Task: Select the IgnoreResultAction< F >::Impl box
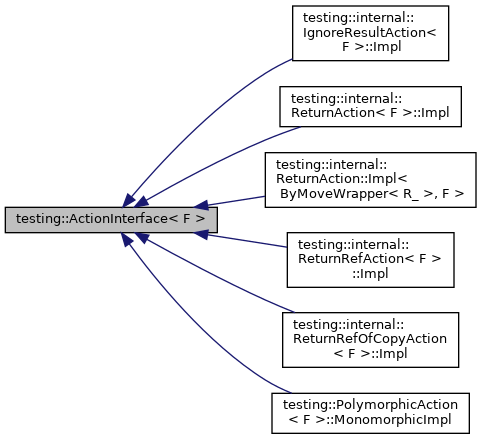click(370, 36)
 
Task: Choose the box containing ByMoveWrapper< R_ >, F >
click(370, 180)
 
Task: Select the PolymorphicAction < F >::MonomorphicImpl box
click(370, 412)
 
